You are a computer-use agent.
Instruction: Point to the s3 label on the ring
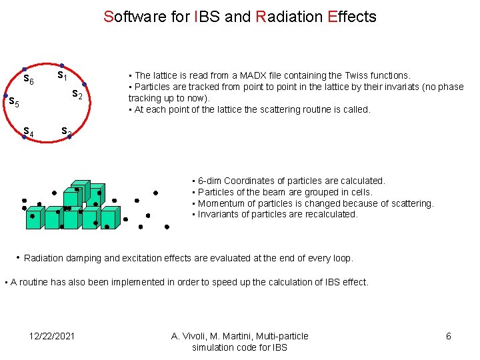(66, 131)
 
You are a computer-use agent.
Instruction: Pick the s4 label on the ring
(29, 131)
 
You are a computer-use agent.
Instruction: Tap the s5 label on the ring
(13, 103)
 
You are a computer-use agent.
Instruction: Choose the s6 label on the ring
(29, 80)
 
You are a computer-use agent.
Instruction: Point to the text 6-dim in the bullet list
(209, 181)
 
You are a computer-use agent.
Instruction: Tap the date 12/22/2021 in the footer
(53, 336)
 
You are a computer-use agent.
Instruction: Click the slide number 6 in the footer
(448, 336)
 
